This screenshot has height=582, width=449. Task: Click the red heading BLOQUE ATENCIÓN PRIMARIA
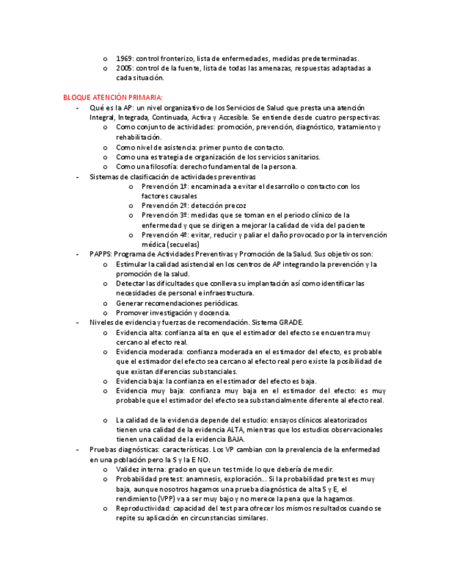click(x=112, y=97)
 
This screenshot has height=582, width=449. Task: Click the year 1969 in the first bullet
click(x=124, y=58)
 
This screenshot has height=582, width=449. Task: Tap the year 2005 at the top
click(x=124, y=68)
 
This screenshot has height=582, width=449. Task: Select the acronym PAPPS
click(x=100, y=254)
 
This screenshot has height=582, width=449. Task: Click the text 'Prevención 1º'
click(x=165, y=186)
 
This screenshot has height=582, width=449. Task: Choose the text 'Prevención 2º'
click(x=165, y=205)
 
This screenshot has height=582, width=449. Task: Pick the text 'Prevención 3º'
click(x=165, y=215)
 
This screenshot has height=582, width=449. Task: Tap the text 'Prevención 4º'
click(x=165, y=235)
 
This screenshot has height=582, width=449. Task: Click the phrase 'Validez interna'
click(x=139, y=469)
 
